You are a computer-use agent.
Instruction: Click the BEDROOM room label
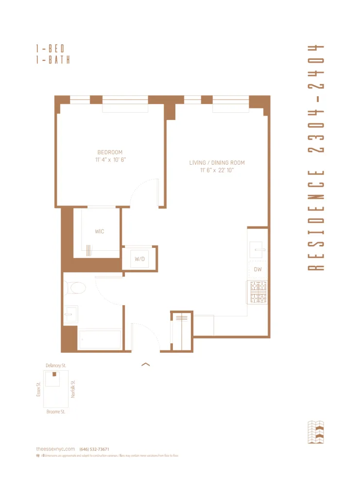110,152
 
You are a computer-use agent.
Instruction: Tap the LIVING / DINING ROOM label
217,163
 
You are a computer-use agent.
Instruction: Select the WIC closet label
99,231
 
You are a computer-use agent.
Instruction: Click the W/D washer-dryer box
140,259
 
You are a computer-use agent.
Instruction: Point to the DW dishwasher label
257,270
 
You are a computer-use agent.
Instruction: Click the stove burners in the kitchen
257,292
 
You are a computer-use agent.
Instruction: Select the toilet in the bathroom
76,288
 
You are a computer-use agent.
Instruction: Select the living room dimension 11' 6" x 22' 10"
217,170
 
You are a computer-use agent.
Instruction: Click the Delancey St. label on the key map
55,365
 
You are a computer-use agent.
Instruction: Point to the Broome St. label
56,412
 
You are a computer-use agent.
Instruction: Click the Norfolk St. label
73,389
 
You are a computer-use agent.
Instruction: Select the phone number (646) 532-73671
94,449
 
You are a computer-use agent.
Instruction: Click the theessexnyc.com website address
55,449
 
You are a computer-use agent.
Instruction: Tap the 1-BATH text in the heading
52,60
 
